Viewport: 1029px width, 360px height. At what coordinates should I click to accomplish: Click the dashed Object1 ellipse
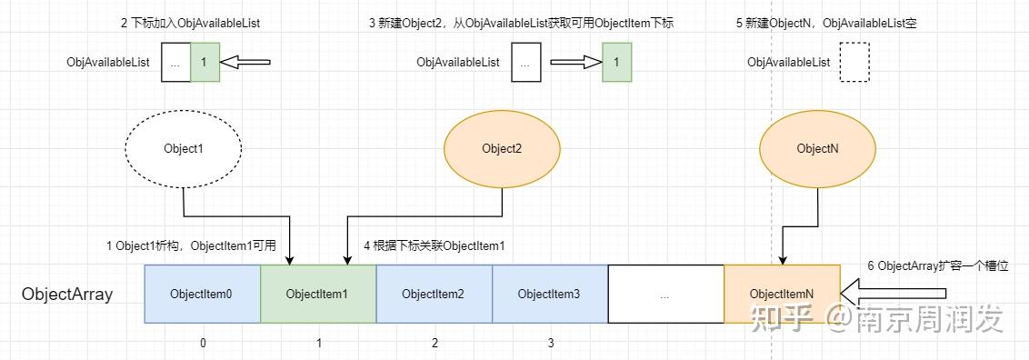(183, 148)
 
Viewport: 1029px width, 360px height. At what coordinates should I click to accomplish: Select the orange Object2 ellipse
(502, 148)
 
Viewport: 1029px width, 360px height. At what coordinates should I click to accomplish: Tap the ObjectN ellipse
(816, 148)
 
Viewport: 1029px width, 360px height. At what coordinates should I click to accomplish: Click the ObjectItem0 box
(203, 294)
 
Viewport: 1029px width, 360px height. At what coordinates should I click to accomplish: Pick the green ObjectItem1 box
(318, 294)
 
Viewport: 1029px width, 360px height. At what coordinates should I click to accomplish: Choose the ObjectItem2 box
(434, 294)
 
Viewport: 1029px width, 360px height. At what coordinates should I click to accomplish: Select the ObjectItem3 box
(549, 294)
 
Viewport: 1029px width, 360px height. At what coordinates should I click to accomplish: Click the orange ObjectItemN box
(782, 294)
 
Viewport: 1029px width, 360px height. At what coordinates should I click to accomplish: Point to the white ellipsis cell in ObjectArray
(665, 294)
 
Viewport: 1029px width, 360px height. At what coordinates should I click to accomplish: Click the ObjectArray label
(67, 295)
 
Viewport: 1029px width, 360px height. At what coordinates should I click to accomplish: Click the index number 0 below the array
(203, 343)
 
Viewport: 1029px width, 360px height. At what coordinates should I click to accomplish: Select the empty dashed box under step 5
(854, 63)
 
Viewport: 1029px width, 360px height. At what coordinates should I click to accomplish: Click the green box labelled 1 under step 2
(205, 63)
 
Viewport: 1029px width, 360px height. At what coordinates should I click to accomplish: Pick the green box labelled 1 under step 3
(616, 63)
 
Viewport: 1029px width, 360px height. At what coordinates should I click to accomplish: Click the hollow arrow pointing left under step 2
(247, 63)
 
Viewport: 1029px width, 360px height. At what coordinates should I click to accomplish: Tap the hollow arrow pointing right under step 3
(576, 63)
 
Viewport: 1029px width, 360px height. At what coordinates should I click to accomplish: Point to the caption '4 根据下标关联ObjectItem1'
(435, 246)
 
